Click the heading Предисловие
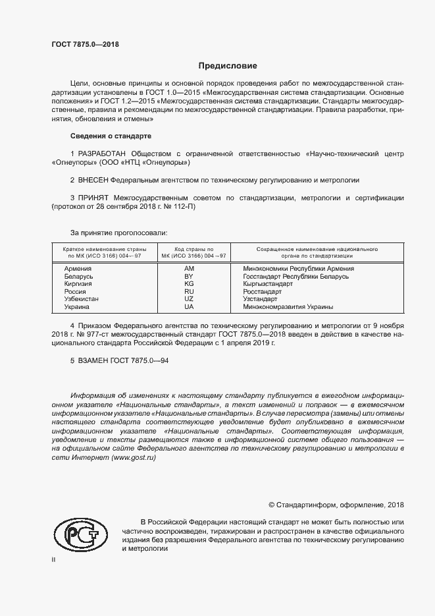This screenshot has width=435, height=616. [228, 66]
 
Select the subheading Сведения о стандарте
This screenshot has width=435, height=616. [111, 136]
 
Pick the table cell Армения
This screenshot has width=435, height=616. [78, 269]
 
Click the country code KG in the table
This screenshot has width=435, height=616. [189, 284]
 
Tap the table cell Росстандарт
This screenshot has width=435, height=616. [262, 291]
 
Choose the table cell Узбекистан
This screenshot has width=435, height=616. [82, 299]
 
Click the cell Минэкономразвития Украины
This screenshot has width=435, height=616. [288, 307]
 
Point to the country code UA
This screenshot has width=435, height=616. [189, 307]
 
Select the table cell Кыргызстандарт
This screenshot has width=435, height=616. [267, 284]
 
